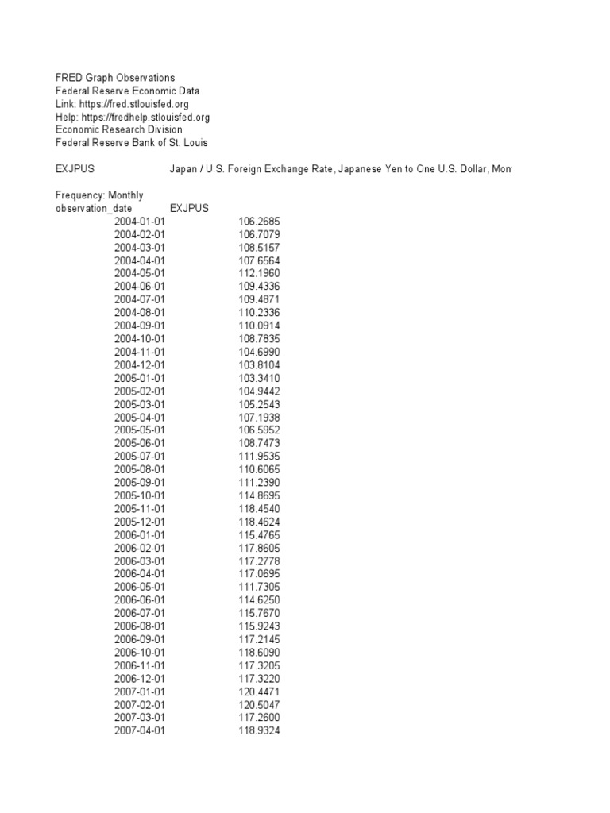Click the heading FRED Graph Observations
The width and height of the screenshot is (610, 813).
point(115,78)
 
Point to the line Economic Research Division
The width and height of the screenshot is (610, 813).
point(118,129)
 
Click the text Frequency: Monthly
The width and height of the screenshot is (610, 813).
point(99,195)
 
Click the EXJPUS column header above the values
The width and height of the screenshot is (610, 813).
point(189,208)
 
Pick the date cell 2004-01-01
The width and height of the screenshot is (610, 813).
point(140,222)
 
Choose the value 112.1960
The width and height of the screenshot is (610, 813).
point(259,273)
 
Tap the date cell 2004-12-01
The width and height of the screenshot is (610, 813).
point(140,365)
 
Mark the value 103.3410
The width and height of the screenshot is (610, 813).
point(259,378)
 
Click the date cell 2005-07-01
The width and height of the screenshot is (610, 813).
point(140,457)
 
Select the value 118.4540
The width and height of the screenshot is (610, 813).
point(259,508)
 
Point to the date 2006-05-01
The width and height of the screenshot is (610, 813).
point(140,587)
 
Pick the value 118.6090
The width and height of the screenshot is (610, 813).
point(259,652)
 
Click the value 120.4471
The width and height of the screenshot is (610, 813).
point(259,691)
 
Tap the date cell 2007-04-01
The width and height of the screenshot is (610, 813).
point(140,730)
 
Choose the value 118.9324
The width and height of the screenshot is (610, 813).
point(259,730)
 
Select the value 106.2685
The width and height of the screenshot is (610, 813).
point(259,222)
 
